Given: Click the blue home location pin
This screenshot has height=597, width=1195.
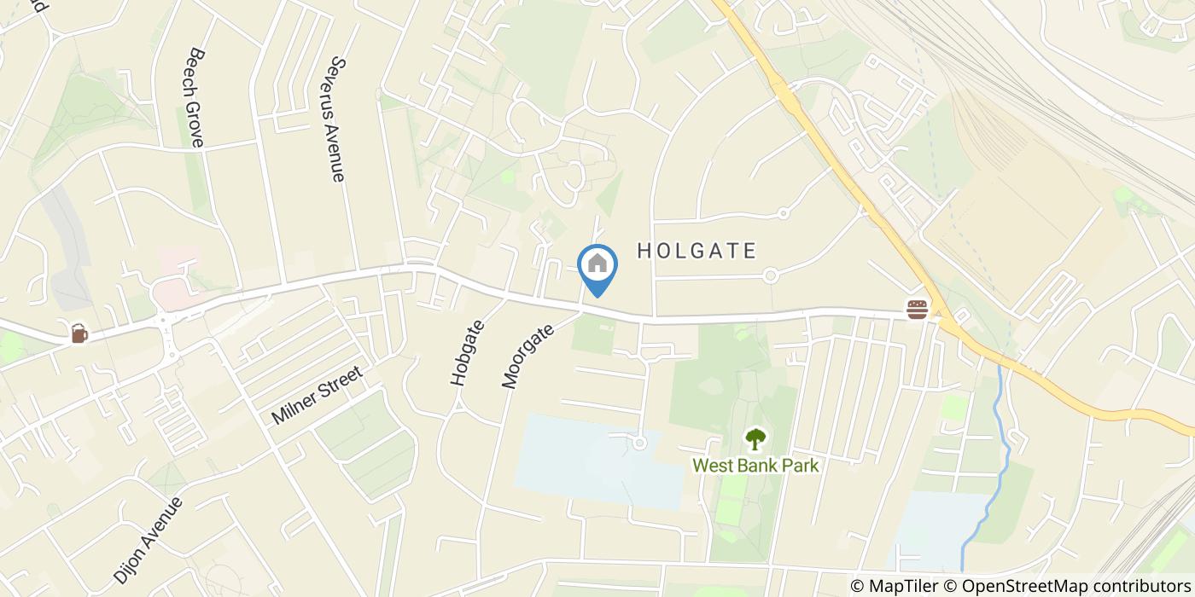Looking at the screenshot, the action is (x=597, y=266).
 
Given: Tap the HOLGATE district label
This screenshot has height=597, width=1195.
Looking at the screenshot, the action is (x=697, y=251).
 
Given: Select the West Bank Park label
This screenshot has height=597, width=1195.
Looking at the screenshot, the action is (x=755, y=466).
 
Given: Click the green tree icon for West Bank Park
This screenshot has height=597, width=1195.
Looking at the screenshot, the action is (x=755, y=439).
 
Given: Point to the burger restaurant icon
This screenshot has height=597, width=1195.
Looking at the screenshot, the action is (x=918, y=309).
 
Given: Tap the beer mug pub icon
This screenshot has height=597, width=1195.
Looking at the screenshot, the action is (x=79, y=333).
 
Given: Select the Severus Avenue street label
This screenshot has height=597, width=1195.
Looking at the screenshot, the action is (x=336, y=119).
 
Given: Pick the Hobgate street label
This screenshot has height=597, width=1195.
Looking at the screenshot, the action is (x=467, y=353).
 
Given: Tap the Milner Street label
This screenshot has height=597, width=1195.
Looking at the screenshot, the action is (x=317, y=395).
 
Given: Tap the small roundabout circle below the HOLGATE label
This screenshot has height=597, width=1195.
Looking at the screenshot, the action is (x=770, y=275).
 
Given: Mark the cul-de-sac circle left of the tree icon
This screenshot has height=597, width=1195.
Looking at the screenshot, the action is (x=639, y=441).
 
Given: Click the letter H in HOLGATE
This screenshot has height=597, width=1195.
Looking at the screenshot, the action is (x=644, y=251).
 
